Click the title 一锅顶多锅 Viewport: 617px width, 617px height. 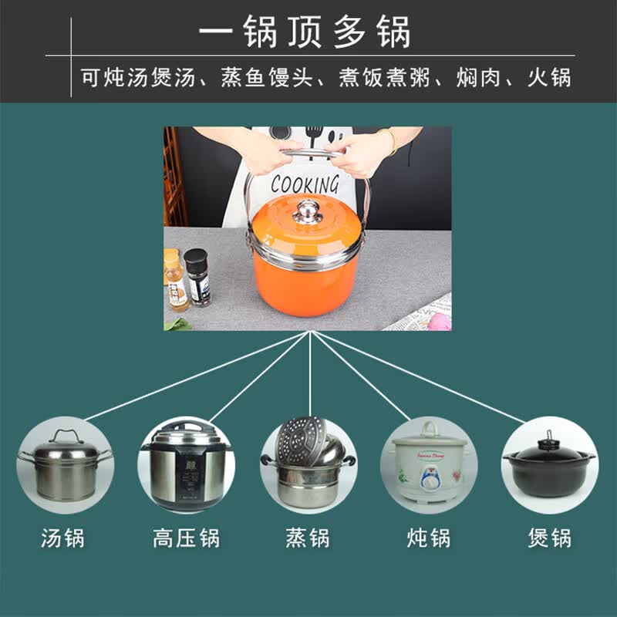[305, 32]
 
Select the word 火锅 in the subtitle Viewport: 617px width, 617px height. [548, 79]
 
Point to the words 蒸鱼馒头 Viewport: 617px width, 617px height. [267, 79]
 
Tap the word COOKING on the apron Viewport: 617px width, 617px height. [305, 184]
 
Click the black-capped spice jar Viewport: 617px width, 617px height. [197, 278]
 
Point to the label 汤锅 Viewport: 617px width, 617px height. [63, 538]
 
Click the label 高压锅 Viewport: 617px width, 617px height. [186, 538]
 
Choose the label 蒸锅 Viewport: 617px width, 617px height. [308, 538]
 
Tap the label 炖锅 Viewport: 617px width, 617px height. [429, 538]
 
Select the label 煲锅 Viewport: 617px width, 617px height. [550, 538]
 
